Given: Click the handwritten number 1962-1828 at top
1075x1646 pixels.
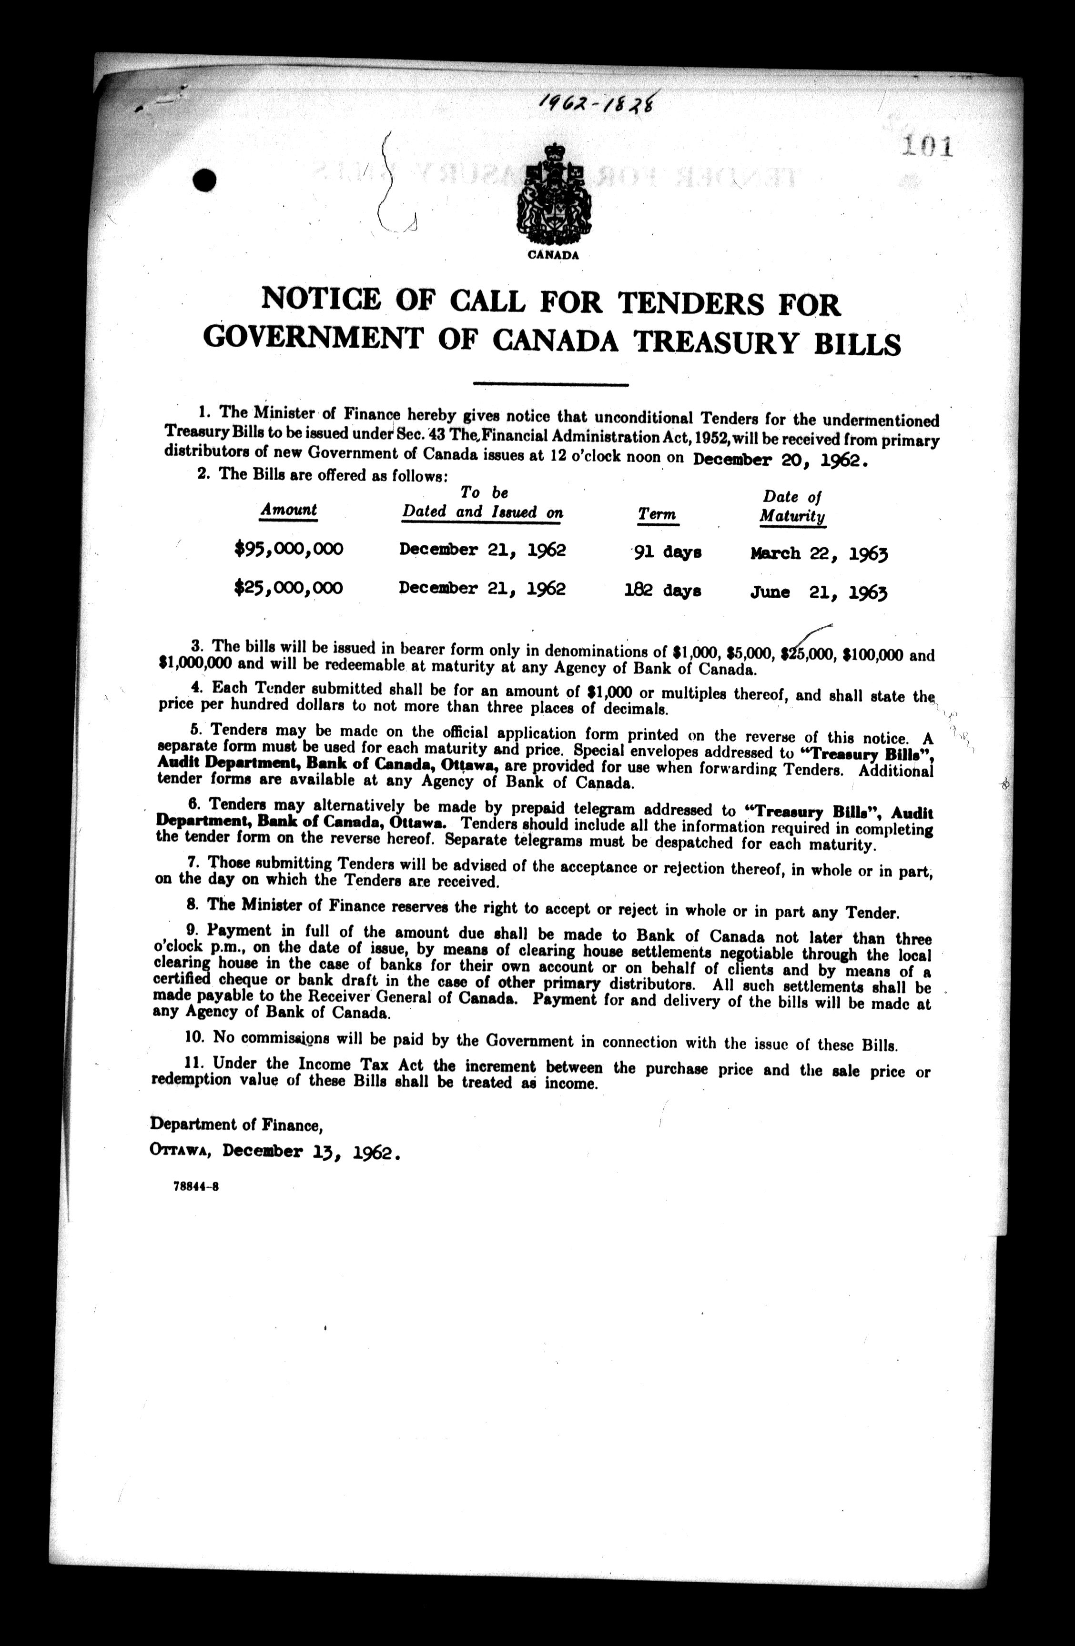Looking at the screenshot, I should tap(596, 102).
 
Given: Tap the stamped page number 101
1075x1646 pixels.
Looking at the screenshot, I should tap(927, 147).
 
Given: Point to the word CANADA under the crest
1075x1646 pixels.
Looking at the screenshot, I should tap(553, 254).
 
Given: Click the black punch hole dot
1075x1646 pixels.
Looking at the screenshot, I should tap(205, 181).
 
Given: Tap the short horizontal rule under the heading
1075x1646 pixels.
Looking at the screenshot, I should tap(550, 384).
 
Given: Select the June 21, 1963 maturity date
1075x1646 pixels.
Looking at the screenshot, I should tap(818, 592).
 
